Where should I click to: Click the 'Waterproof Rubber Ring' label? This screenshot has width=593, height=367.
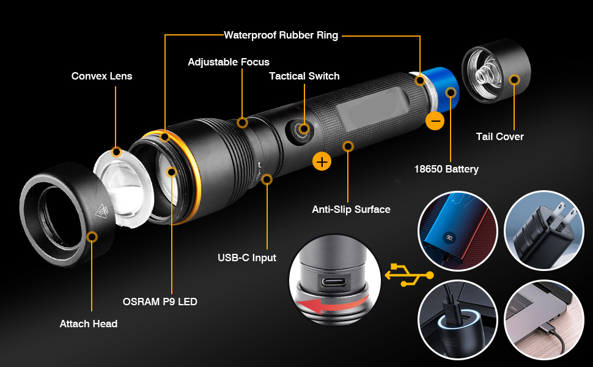tap(281, 35)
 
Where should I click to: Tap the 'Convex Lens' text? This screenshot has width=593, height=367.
tap(101, 76)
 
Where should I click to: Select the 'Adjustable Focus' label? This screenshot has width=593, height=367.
tap(229, 62)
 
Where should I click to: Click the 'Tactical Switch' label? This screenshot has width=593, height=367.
tap(304, 76)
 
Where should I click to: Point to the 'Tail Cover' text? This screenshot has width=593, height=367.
tap(499, 136)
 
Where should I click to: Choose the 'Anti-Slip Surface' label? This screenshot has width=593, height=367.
tap(351, 209)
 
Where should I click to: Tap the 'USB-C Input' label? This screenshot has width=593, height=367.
tap(247, 258)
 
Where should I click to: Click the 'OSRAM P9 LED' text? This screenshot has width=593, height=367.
tap(160, 301)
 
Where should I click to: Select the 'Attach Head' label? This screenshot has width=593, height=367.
tap(88, 324)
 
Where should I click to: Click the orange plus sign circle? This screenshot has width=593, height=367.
tap(322, 161)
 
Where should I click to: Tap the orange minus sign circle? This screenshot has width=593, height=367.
tap(435, 121)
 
